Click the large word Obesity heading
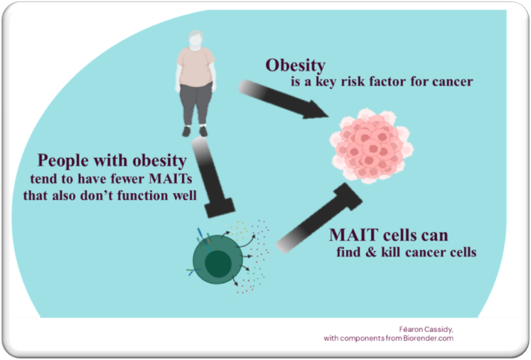pos(296,65)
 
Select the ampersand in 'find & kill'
pos(371,252)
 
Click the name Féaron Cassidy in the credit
pos(426,329)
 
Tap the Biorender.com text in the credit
pos(428,338)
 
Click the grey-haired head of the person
pos(196,38)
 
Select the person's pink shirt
pos(196,67)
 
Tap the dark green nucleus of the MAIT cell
pos(218,264)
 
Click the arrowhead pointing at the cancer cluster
pos(315,109)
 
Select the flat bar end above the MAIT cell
pos(220,207)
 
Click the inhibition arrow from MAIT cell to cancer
pos(319,218)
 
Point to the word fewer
pos(127,179)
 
